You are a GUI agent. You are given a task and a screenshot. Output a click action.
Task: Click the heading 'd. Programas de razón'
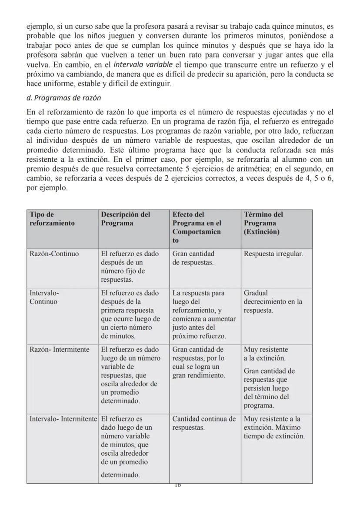[x=63, y=97]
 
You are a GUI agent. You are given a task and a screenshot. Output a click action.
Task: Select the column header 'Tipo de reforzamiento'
[x=52, y=219]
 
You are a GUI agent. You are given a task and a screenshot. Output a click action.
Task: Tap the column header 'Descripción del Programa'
[x=126, y=219]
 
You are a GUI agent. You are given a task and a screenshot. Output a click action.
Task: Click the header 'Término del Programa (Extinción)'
[x=263, y=223]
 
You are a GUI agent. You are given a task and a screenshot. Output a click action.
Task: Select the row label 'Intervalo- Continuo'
[x=43, y=297]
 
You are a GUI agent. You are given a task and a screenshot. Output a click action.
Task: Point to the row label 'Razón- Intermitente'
[x=59, y=349]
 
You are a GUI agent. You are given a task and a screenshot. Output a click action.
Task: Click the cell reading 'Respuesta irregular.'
[x=273, y=254]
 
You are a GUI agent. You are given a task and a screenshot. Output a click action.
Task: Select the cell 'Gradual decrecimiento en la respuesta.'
[x=273, y=301]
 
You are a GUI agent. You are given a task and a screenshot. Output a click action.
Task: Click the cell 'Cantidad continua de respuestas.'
[x=204, y=423]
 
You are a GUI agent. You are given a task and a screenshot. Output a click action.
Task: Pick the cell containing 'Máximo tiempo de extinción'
[x=274, y=428]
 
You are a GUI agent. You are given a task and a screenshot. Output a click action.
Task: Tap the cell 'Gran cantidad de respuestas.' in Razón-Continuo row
[x=193, y=258]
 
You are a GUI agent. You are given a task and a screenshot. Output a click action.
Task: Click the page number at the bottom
[x=177, y=485]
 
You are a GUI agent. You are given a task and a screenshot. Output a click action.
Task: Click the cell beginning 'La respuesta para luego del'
[x=203, y=314]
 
